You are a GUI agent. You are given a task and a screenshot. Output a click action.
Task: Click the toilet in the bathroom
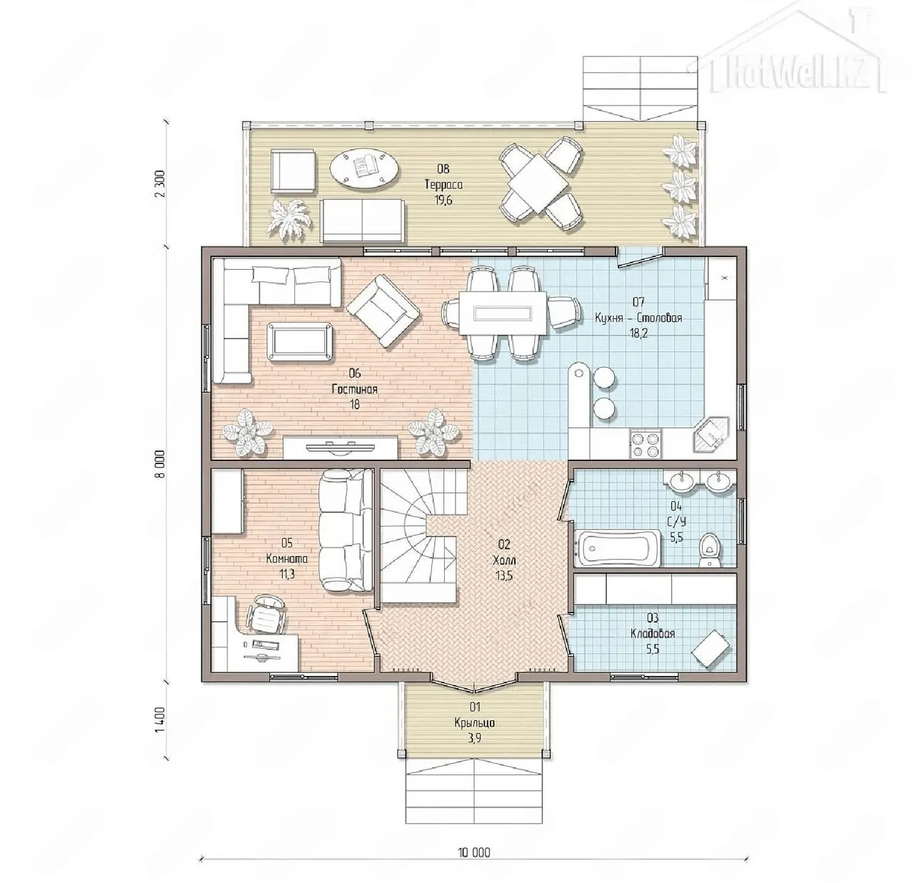coord(709,549)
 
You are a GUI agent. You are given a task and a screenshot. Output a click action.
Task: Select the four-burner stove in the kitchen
coord(644,444)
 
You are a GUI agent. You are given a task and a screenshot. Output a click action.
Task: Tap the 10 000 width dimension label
coord(473,852)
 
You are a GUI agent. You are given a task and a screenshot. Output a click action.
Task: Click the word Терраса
coord(443,184)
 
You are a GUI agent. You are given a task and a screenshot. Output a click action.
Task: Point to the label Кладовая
coord(653,633)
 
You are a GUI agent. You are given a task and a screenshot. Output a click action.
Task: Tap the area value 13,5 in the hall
coord(504,576)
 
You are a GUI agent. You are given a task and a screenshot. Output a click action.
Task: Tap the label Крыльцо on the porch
coord(474,722)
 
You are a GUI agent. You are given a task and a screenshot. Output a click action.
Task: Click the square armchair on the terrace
coord(293,171)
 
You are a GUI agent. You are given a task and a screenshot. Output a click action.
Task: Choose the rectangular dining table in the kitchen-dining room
coord(503,313)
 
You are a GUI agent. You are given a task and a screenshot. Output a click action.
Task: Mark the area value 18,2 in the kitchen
coord(638,333)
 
